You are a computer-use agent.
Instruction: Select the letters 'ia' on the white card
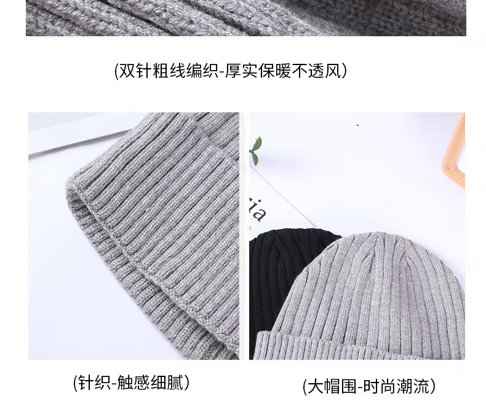click(257, 211)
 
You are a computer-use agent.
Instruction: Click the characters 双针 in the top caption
click(136, 71)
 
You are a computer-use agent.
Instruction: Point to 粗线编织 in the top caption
click(186, 71)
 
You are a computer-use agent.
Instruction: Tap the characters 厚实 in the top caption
click(242, 71)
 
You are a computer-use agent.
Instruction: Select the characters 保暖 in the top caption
click(276, 71)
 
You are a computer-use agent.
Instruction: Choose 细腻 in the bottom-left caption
click(167, 383)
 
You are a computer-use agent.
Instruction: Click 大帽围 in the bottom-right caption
click(332, 387)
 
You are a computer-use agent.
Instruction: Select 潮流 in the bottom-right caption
click(413, 387)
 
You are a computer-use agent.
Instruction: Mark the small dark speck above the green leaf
click(358, 125)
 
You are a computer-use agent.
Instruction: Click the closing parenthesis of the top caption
click(344, 71)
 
